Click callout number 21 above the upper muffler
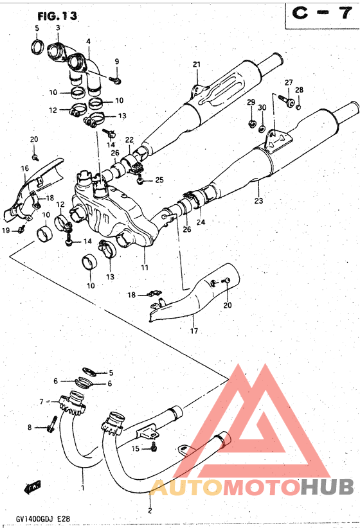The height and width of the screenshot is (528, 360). (x=197, y=64)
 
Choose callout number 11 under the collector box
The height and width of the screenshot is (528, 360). (x=145, y=267)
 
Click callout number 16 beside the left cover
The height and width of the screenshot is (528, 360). (x=25, y=168)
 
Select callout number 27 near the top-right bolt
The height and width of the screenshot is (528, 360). (x=289, y=82)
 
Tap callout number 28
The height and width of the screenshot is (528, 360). (x=300, y=90)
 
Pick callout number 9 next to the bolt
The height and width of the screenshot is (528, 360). (x=117, y=61)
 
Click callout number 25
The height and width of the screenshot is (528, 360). (x=159, y=180)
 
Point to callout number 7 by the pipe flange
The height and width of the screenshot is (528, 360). (x=41, y=401)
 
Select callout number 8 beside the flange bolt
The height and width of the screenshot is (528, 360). (x=29, y=427)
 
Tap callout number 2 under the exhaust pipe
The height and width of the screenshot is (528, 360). (x=150, y=511)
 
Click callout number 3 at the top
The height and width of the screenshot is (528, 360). (x=58, y=28)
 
